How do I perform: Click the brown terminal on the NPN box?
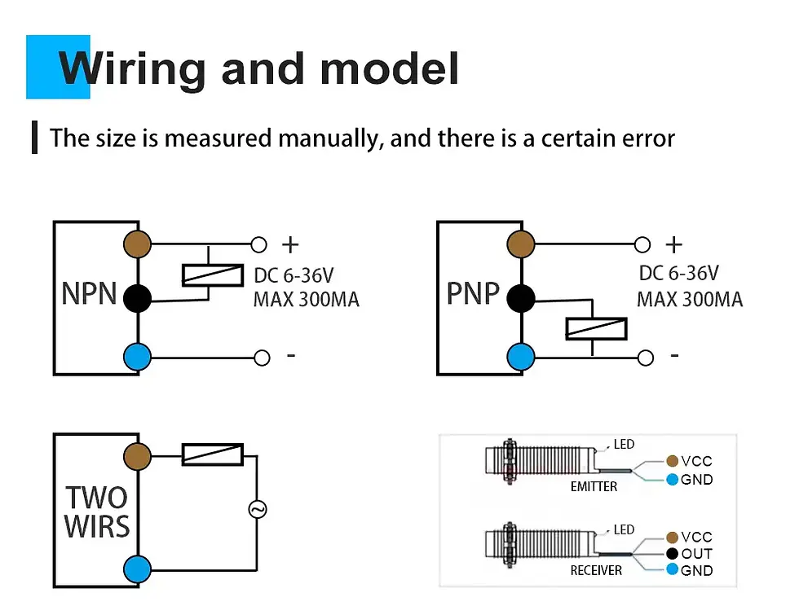[138, 244]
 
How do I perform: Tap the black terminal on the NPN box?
[138, 299]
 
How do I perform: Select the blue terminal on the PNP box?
[520, 356]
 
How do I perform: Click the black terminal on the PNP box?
[520, 299]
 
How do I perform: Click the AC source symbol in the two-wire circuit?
[257, 511]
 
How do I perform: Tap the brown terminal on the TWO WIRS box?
[138, 455]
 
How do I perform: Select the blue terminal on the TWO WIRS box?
[138, 568]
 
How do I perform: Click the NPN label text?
[90, 293]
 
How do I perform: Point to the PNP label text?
[473, 293]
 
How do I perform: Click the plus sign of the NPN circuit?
[290, 244]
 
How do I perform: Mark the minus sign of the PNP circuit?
[674, 356]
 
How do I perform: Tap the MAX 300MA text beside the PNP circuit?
[690, 300]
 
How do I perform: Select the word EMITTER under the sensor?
[594, 486]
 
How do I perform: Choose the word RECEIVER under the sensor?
[596, 571]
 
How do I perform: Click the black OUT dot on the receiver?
[673, 554]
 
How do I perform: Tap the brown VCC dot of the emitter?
[673, 462]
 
